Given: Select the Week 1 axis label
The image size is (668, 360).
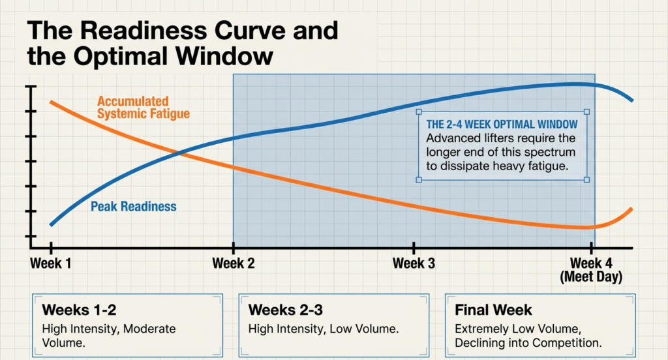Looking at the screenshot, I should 50,263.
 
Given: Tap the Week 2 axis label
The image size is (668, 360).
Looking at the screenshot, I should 233,263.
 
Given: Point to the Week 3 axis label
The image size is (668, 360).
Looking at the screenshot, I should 413,263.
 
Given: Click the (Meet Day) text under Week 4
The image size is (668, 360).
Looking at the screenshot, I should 591,277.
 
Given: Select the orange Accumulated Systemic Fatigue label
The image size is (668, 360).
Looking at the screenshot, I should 143,108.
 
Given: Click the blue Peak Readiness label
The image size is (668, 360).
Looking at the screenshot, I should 133,207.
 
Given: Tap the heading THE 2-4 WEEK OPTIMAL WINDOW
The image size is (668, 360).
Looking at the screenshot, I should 501,124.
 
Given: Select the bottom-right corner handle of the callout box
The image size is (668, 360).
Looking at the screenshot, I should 586,180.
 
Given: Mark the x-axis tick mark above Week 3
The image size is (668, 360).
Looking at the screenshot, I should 413,248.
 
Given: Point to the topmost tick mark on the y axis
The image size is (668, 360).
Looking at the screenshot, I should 30,87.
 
